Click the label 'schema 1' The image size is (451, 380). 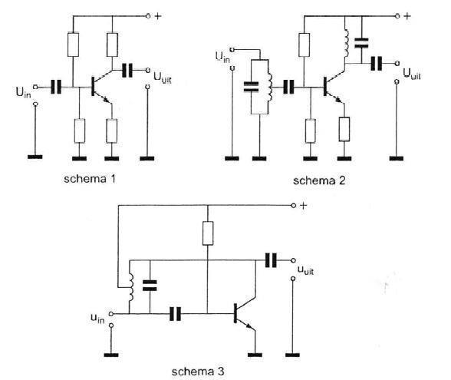[x=90, y=179]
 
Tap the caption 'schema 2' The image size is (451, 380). [x=319, y=180]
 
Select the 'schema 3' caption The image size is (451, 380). [x=198, y=372]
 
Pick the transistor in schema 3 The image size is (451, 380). [x=245, y=314]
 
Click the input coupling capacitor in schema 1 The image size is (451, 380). [x=56, y=87]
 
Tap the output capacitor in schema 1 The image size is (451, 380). [x=127, y=70]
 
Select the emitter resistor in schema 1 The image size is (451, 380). [x=112, y=131]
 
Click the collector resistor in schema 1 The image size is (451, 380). [x=112, y=45]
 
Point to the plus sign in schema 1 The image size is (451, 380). [x=158, y=16]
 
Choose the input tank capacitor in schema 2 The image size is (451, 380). [x=251, y=87]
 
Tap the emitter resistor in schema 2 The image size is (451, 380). [x=344, y=129]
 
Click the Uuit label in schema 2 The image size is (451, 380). [x=412, y=74]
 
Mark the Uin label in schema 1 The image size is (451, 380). [x=23, y=93]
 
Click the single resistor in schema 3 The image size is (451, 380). [x=208, y=233]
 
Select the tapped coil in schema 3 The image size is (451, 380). [x=131, y=287]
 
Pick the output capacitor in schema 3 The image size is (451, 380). [x=271, y=260]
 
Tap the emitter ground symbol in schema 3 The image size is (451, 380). [x=255, y=355]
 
